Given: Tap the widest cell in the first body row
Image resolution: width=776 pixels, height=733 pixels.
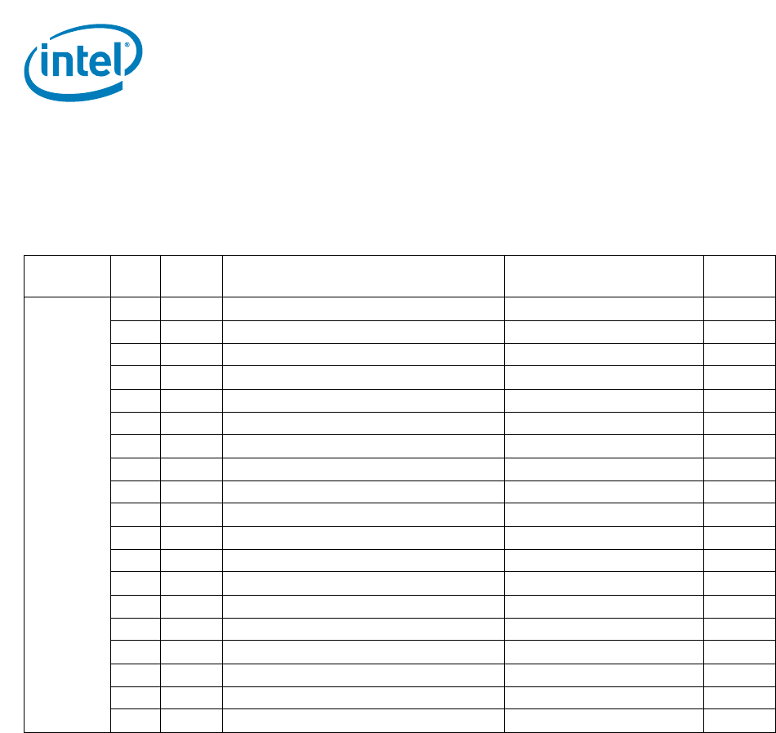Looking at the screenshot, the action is (x=363, y=308).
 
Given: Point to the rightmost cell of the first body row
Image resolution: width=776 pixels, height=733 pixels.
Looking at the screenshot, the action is (x=739, y=308).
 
